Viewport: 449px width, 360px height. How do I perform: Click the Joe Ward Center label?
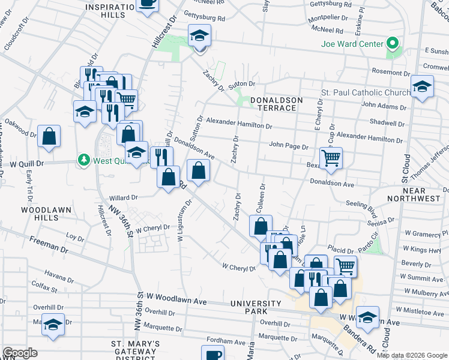(352, 44)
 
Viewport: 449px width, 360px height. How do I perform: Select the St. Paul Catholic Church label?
(366, 92)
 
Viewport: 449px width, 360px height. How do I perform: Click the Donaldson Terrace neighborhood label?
(273, 104)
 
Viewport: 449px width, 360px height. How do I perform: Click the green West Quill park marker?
(84, 161)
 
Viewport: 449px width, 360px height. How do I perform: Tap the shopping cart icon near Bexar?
(331, 158)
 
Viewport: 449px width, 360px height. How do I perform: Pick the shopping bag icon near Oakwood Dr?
(49, 137)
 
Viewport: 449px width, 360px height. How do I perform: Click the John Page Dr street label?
(288, 146)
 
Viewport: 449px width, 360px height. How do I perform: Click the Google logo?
(20, 353)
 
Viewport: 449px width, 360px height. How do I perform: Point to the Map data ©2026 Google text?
(412, 355)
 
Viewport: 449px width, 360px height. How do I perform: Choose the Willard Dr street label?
(124, 197)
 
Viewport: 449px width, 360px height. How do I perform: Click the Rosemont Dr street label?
(391, 71)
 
